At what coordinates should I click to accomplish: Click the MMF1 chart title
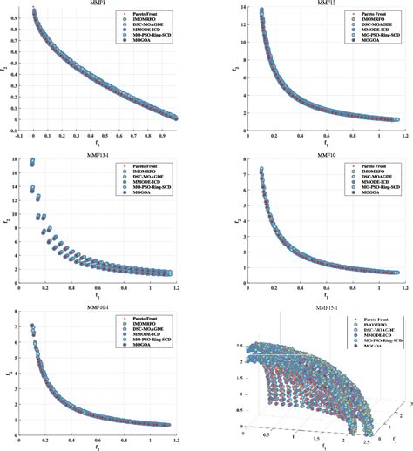pos(98,4)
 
